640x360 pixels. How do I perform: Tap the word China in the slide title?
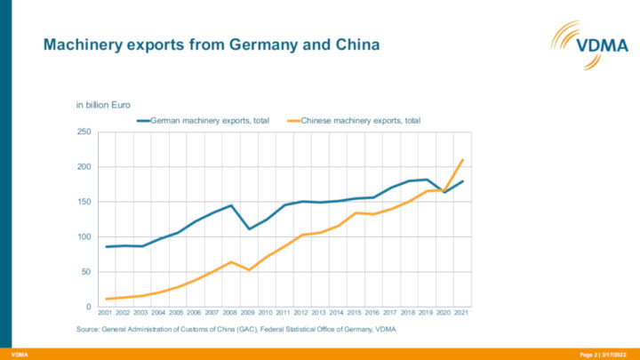(x=354, y=44)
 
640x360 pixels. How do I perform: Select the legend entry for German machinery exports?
(x=204, y=119)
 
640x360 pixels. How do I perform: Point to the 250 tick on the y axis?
(x=83, y=132)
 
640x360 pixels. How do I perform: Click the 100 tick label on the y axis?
(x=83, y=237)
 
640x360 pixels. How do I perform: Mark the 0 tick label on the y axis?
(x=88, y=307)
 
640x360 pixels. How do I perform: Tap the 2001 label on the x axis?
(x=106, y=313)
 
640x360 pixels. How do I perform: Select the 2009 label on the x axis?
(x=248, y=313)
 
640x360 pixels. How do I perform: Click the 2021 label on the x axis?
(x=462, y=313)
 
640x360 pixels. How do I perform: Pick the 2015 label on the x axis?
(x=355, y=313)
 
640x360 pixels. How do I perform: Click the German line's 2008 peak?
(x=231, y=205)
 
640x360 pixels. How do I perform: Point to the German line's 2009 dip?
(x=249, y=228)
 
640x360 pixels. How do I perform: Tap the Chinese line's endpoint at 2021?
(x=463, y=160)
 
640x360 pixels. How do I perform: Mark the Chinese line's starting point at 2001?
(x=107, y=299)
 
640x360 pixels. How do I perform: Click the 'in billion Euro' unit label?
(x=103, y=106)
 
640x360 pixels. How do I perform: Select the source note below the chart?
(x=236, y=330)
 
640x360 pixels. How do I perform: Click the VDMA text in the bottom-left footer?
(x=19, y=355)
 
